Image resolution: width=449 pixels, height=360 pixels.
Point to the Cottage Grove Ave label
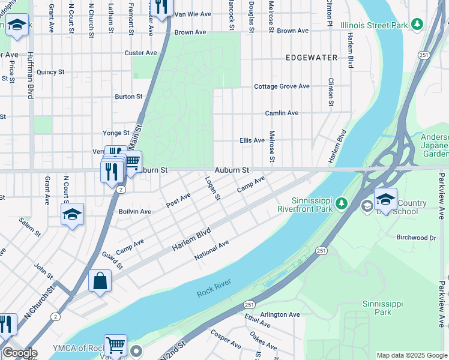(282, 86)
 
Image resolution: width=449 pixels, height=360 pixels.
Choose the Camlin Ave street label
(282, 113)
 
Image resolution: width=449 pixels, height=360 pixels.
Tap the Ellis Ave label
(252, 140)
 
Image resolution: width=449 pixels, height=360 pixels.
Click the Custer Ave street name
(140, 53)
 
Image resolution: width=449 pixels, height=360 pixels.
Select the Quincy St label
(50, 72)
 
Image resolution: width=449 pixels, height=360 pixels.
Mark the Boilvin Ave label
(134, 211)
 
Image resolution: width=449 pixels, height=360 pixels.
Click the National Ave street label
(212, 250)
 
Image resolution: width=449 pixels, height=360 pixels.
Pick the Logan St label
(213, 188)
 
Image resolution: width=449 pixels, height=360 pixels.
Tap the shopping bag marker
(100, 281)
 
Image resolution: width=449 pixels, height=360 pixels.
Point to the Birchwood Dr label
(416, 238)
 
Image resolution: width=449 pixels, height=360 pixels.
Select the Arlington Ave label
(279, 314)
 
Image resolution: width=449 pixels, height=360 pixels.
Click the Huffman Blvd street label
(30, 75)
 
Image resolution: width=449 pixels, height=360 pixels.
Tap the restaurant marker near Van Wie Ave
(161, 7)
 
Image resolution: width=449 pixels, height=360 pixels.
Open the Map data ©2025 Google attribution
(412, 355)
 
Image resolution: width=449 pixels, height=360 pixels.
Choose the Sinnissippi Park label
(377, 308)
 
